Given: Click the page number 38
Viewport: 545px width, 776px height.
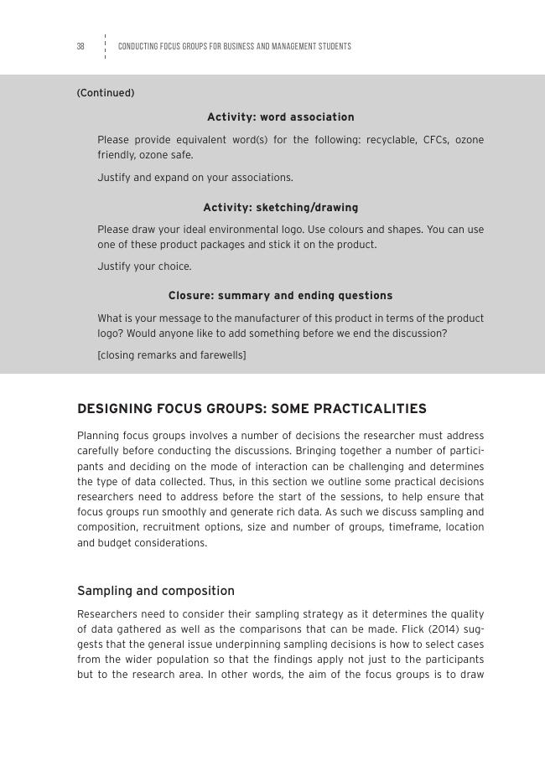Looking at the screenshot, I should click(x=80, y=47).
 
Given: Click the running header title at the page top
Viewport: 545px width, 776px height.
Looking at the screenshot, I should click(x=234, y=47).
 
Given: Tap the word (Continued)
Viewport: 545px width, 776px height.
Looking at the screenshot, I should click(x=106, y=93).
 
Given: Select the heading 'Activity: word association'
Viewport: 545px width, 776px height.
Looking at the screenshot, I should click(x=280, y=117).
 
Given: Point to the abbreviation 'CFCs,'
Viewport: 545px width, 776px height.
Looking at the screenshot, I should click(x=434, y=140).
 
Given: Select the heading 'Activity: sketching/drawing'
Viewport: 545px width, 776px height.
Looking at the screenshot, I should click(x=280, y=208).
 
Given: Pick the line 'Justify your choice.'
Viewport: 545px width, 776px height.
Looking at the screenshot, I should click(x=144, y=266).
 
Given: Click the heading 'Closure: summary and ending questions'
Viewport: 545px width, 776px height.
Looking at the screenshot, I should click(x=280, y=296).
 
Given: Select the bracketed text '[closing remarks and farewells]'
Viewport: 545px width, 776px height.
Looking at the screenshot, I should click(x=172, y=355).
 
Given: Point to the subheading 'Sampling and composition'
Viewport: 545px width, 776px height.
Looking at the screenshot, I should click(x=156, y=591).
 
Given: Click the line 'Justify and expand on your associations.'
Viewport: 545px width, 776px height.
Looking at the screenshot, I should click(x=195, y=178).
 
